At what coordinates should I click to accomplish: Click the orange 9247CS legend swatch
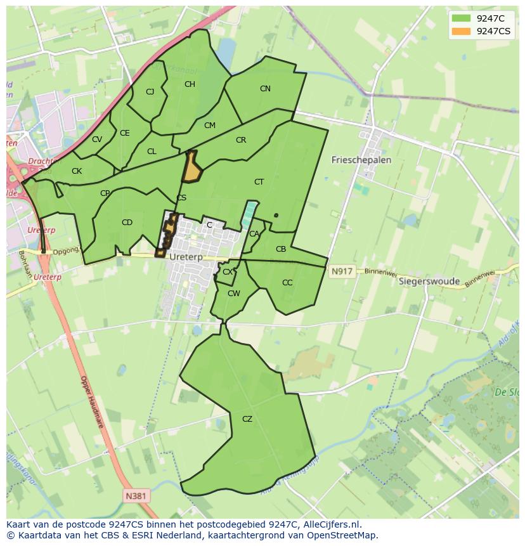tap(462, 30)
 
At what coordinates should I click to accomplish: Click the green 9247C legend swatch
tap(462, 18)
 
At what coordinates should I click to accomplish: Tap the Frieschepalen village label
tap(361, 160)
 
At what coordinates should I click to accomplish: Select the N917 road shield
tap(341, 271)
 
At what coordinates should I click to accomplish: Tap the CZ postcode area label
tap(247, 419)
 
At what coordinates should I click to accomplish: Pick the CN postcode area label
tap(265, 89)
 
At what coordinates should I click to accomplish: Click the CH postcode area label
tap(190, 84)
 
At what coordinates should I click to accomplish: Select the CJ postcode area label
tap(150, 92)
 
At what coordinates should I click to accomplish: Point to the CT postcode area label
tap(259, 182)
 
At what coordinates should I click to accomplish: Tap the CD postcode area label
tap(127, 223)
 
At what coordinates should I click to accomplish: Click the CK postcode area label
tap(77, 171)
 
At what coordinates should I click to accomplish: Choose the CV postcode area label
tap(96, 140)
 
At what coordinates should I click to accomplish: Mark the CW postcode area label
tap(234, 294)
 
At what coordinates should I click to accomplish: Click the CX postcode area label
tap(228, 272)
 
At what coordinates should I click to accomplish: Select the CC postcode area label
tap(287, 283)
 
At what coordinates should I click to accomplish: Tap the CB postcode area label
tap(281, 249)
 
